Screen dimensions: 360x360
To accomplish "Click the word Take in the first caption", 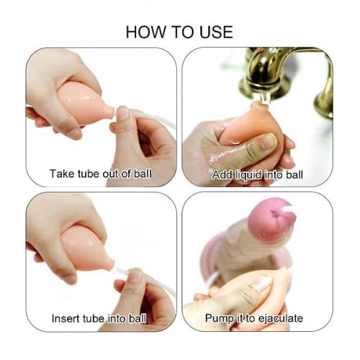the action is [62, 174].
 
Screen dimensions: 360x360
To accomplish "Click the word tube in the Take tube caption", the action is [89, 174].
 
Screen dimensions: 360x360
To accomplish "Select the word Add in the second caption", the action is [222, 175].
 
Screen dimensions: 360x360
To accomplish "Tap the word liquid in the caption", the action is [248, 175].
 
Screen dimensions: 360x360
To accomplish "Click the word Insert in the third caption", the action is [66, 319].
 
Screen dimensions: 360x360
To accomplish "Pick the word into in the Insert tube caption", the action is [117, 319].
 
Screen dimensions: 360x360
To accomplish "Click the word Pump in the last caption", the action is [219, 319].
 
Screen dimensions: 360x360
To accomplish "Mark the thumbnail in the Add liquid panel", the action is [269, 142].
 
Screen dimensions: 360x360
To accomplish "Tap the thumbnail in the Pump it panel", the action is [261, 283].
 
